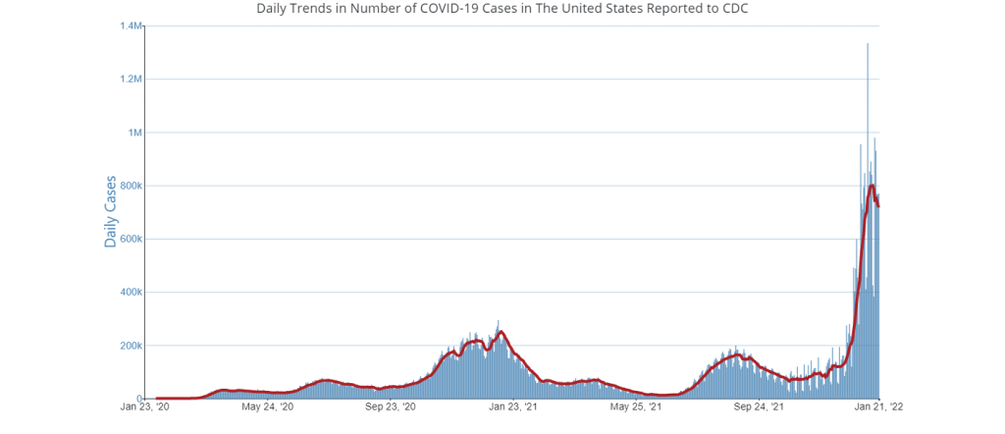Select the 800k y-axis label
tap(131, 186)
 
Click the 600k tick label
tap(131, 239)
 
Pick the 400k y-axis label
tap(131, 292)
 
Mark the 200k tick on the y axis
tap(131, 346)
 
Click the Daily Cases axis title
tap(111, 211)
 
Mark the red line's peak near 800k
tap(873, 186)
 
